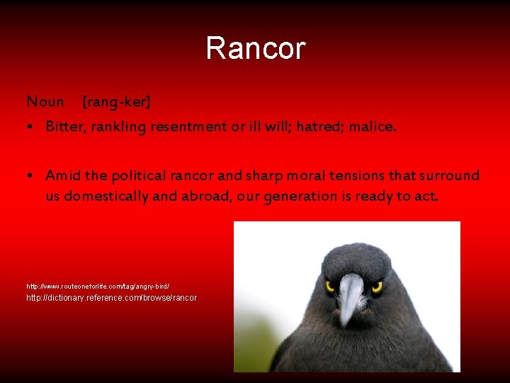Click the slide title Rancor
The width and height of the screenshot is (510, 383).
(x=255, y=49)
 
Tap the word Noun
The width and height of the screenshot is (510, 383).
(x=45, y=102)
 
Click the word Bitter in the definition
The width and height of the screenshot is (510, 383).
(x=62, y=127)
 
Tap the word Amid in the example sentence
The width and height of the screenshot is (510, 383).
(x=62, y=175)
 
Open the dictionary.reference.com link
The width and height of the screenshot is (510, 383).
(x=111, y=298)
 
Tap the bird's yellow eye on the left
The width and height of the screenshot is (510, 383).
(x=329, y=286)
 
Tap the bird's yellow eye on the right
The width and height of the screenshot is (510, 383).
(x=377, y=287)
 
